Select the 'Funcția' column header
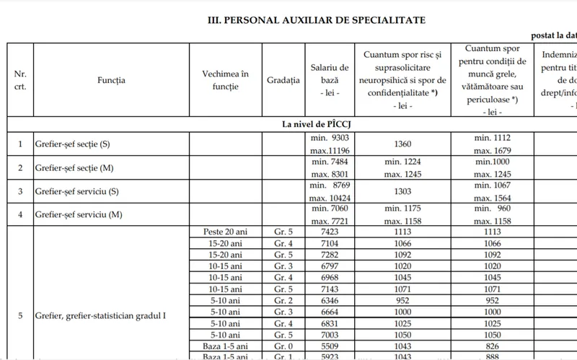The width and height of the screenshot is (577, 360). [111, 80]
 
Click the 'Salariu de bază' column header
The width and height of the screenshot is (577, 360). [329, 80]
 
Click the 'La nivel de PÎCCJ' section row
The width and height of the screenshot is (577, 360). [322, 124]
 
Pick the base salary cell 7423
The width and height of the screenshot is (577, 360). [329, 232]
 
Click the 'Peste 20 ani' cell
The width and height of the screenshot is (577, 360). [226, 232]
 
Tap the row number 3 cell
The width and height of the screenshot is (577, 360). [20, 190]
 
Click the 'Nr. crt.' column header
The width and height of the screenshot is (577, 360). [20, 80]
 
